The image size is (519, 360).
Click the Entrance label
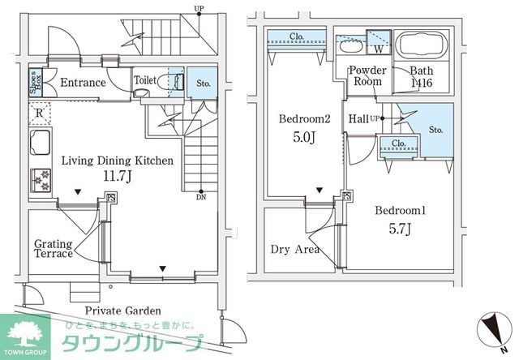(x=83, y=83)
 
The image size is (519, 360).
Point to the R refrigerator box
(x=38, y=114)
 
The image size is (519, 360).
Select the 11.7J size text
(x=117, y=175)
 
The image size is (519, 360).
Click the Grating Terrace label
(x=53, y=248)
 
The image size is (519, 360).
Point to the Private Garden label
(x=122, y=311)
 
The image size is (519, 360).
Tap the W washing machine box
(x=378, y=38)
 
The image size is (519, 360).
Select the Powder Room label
(x=367, y=76)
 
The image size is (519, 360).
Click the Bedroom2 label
(x=304, y=119)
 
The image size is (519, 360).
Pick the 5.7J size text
(x=400, y=229)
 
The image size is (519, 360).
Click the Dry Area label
(x=294, y=249)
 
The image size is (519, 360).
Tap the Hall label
(x=358, y=119)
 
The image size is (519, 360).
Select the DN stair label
(x=199, y=196)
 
